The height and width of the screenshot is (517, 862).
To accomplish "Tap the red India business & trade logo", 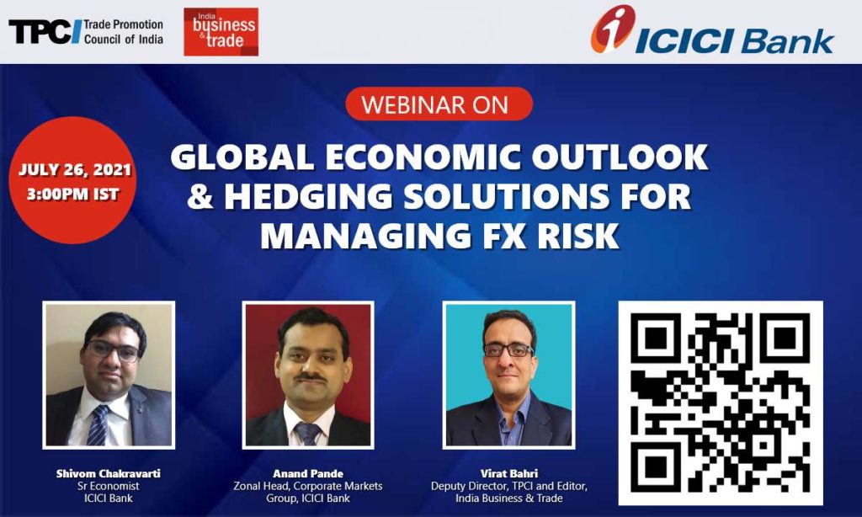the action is coord(221,32).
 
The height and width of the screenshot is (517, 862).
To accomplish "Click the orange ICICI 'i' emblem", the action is coord(613,29).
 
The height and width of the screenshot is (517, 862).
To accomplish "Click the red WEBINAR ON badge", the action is coord(439,104).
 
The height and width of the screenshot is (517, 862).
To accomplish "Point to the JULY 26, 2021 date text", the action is coord(75,169).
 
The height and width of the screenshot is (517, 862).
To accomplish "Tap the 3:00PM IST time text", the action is coord(73,195).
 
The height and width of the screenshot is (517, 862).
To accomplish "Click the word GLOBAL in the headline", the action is coord(242,157).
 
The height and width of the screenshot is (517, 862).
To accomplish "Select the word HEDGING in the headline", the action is coord(308,196).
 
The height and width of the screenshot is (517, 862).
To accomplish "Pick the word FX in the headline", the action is coord(498,236).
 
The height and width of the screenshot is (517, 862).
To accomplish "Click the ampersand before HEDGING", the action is coord(200,197).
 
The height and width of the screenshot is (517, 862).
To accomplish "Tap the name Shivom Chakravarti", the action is coord(109,473).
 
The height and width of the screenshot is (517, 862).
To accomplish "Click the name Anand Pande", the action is coord(308,473).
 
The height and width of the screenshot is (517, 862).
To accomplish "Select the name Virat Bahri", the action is coord(509,473).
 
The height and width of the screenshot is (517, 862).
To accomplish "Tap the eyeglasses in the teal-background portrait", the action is coord(508,349).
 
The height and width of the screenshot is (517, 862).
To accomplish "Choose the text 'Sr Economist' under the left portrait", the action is coord(109,486).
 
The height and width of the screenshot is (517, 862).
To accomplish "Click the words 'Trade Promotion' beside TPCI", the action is coord(124,24).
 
